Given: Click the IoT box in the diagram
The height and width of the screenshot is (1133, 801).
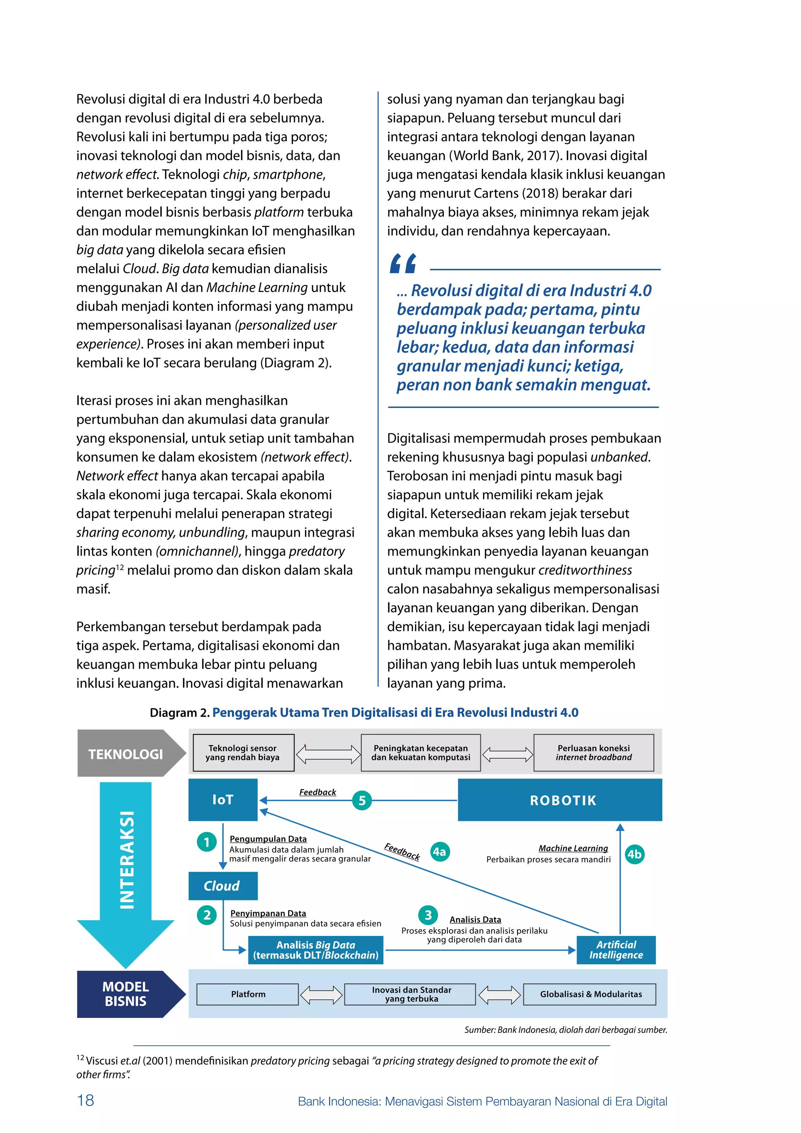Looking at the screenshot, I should pyautogui.click(x=223, y=799).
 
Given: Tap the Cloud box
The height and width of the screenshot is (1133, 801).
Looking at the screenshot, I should pyautogui.click(x=223, y=886).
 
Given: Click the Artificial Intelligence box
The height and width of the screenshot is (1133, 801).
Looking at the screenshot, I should pyautogui.click(x=616, y=950).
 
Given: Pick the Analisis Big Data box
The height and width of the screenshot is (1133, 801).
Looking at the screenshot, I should pyautogui.click(x=316, y=950).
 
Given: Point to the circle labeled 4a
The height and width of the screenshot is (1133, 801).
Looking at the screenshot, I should pyautogui.click(x=440, y=852).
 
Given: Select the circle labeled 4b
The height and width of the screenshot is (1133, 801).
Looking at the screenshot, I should pyautogui.click(x=634, y=854).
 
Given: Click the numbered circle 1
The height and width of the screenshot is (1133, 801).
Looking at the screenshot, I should pyautogui.click(x=207, y=842).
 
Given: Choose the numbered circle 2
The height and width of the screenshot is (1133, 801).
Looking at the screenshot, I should pyautogui.click(x=207, y=915).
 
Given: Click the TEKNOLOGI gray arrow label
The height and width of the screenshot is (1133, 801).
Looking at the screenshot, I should pyautogui.click(x=126, y=754).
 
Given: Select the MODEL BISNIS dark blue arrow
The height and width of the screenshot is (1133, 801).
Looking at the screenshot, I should pyautogui.click(x=126, y=994).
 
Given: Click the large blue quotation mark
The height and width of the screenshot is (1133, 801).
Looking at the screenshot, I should pyautogui.click(x=403, y=264).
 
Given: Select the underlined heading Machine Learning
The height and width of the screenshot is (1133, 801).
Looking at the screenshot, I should pyautogui.click(x=573, y=848).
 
